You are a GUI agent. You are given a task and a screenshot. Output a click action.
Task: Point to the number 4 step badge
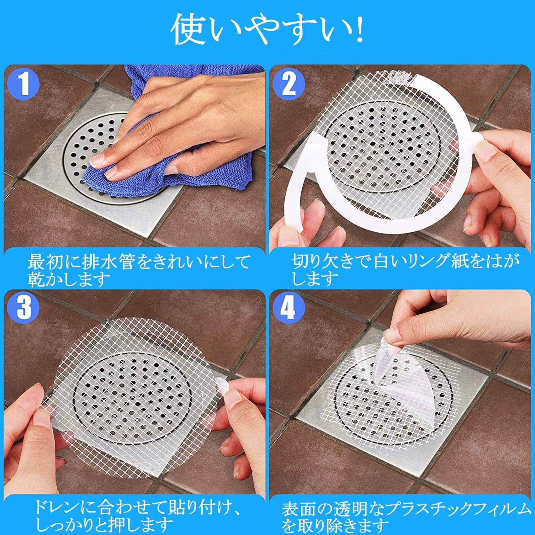pyautogui.click(x=288, y=307)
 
